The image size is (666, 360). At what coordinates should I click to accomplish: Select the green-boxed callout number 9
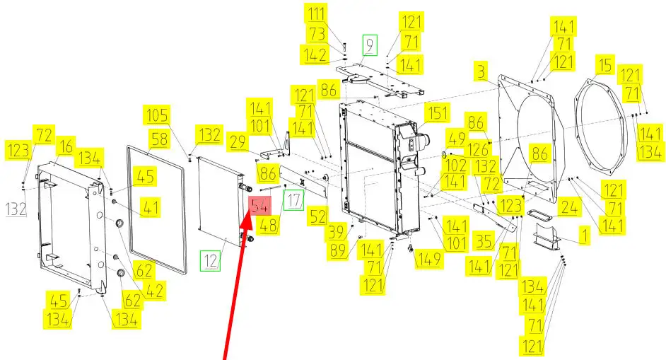(x=370, y=45)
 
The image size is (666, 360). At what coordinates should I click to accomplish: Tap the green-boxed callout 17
(x=293, y=200)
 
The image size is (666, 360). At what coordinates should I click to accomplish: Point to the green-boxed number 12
(x=210, y=260)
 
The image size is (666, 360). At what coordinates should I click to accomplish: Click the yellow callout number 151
(x=437, y=113)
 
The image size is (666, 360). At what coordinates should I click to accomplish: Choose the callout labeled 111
(x=317, y=13)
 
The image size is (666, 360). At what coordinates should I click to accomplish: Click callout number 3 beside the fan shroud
(x=481, y=71)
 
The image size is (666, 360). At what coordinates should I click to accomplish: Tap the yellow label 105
(x=157, y=115)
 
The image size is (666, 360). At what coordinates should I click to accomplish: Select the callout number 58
(x=159, y=139)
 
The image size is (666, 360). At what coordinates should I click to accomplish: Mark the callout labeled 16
(x=66, y=146)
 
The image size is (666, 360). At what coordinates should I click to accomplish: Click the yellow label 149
(x=429, y=259)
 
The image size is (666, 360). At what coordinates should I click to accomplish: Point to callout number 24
(x=569, y=207)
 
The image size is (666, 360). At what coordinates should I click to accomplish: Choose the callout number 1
(x=585, y=235)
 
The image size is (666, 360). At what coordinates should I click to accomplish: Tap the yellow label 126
(x=478, y=149)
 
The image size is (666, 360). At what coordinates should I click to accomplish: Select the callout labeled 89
(x=338, y=250)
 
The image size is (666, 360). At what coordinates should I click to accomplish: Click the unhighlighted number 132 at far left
(x=16, y=209)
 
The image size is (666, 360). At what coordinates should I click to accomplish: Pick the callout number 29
(x=238, y=141)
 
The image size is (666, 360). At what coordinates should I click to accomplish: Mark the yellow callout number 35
(x=484, y=241)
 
